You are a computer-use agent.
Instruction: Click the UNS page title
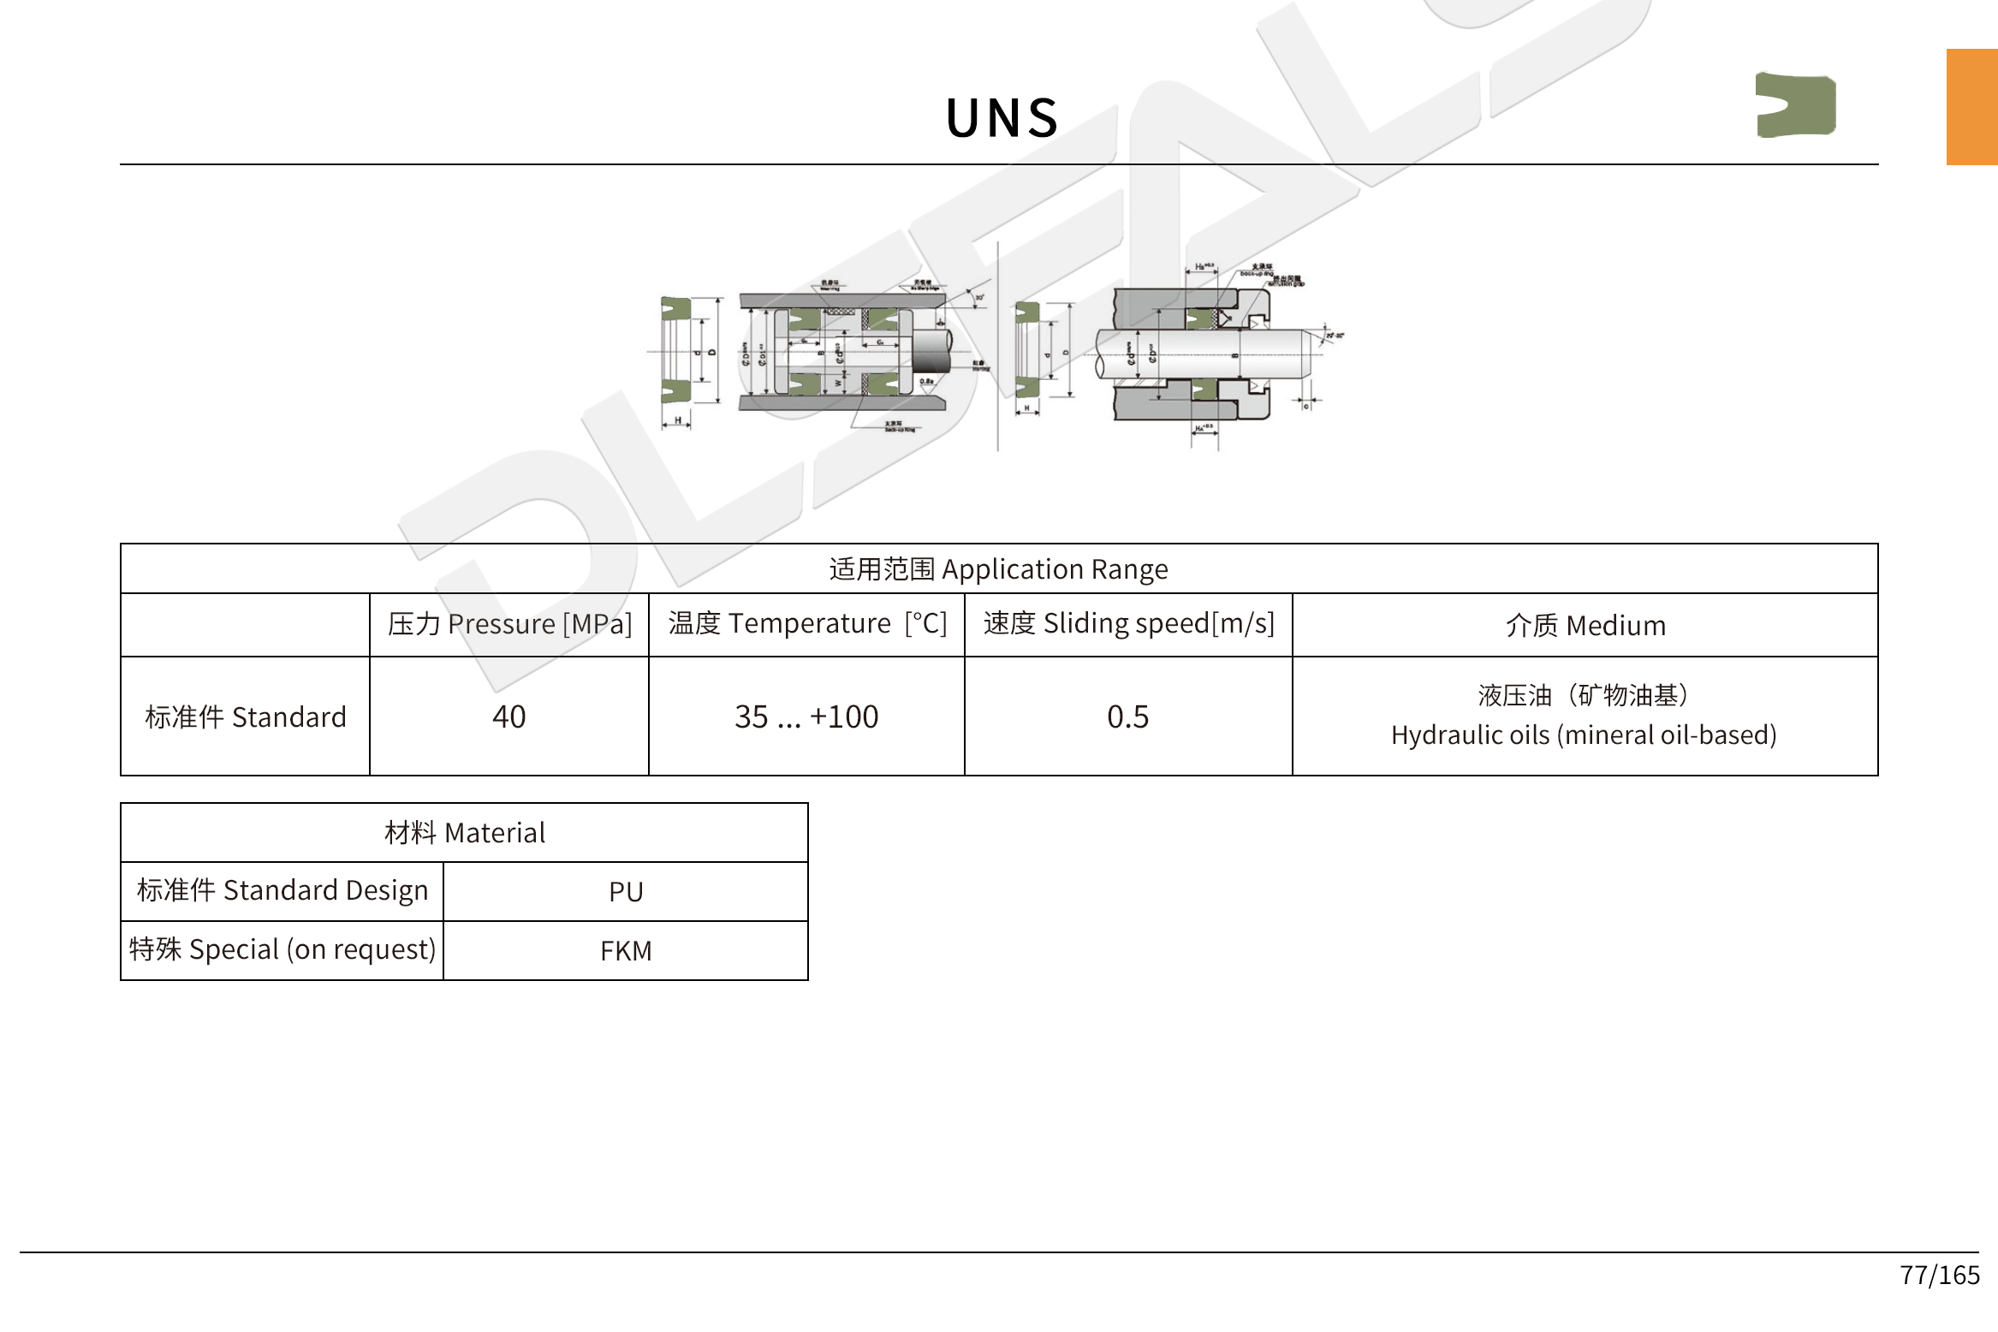coord(1002,117)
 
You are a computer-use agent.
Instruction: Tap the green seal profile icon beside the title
coord(1795,105)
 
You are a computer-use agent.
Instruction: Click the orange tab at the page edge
coord(1971,107)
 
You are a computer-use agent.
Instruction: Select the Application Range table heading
coord(998,569)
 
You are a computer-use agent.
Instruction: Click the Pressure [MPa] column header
coord(509,624)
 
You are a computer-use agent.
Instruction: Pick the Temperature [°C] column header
coord(806,624)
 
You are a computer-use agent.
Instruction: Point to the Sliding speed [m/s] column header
coord(1128,624)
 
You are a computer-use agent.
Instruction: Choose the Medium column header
coord(1585,626)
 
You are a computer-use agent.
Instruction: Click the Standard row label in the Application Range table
coord(246,717)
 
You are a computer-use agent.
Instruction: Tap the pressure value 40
coord(509,717)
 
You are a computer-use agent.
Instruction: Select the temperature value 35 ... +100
coord(806,717)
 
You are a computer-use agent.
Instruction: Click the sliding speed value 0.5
coord(1128,717)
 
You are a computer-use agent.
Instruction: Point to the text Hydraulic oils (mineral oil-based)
coord(1584,735)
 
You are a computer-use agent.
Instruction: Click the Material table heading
coord(464,833)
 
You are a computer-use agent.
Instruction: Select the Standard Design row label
coord(282,891)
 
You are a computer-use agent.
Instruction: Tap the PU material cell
coord(626,892)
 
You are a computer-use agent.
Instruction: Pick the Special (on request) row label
coord(282,950)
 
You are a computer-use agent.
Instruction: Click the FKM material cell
coord(626,951)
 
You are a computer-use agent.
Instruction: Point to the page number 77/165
coord(1940,1276)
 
